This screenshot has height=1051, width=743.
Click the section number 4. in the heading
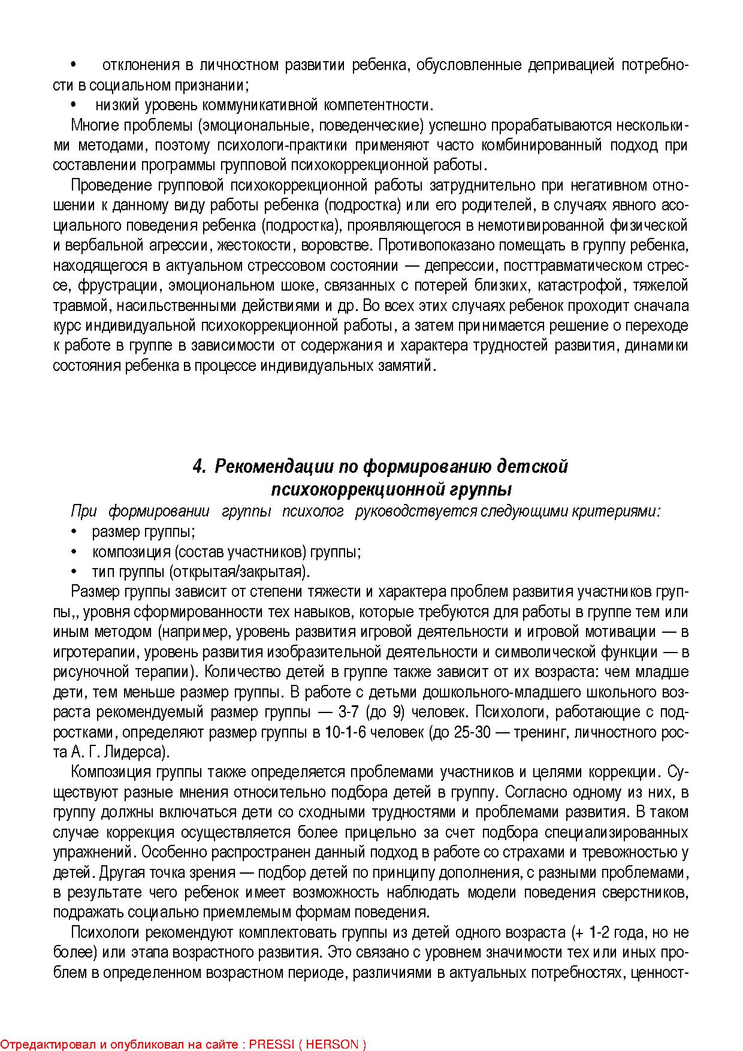(x=200, y=466)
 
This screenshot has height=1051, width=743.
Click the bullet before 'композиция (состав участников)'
(x=74, y=552)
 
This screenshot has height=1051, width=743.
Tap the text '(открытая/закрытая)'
(x=240, y=572)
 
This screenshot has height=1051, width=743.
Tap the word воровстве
(x=337, y=246)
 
